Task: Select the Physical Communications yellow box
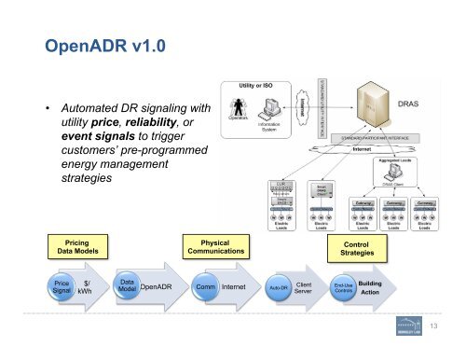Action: tap(214, 246)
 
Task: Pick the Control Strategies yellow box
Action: tap(358, 247)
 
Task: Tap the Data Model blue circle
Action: tap(128, 285)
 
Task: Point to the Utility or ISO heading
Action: tap(256, 84)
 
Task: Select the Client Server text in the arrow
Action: tap(303, 287)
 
